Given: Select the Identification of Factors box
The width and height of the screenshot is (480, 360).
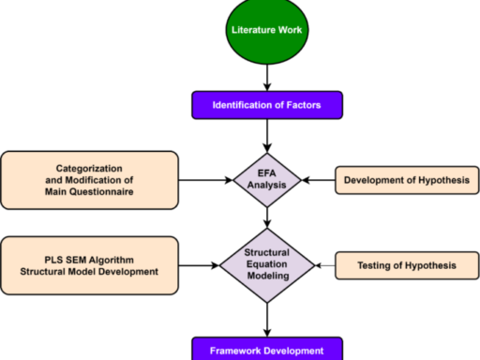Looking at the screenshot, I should (x=269, y=105).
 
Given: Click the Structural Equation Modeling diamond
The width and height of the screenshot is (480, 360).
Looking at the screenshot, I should (x=269, y=266).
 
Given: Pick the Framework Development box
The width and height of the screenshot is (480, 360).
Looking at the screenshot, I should (x=269, y=350).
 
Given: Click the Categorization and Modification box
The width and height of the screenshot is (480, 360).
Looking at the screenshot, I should (x=89, y=178).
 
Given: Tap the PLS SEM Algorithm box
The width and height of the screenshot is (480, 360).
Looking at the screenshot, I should (x=89, y=266).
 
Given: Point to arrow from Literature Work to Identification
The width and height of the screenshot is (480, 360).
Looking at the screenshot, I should (x=269, y=77).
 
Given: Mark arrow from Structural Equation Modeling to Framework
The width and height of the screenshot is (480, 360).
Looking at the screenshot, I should (x=269, y=321).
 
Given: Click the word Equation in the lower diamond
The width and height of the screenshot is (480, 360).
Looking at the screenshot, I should (x=269, y=266).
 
